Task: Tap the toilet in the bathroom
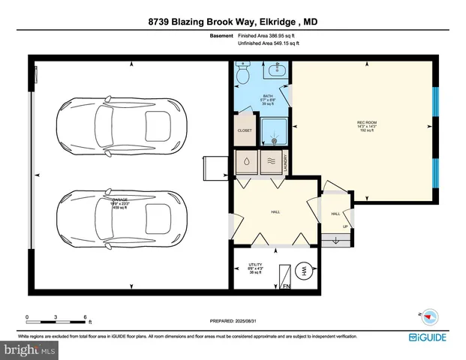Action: coord(243,75)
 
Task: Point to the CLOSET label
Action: coord(245,129)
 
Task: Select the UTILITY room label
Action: coord(254,265)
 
